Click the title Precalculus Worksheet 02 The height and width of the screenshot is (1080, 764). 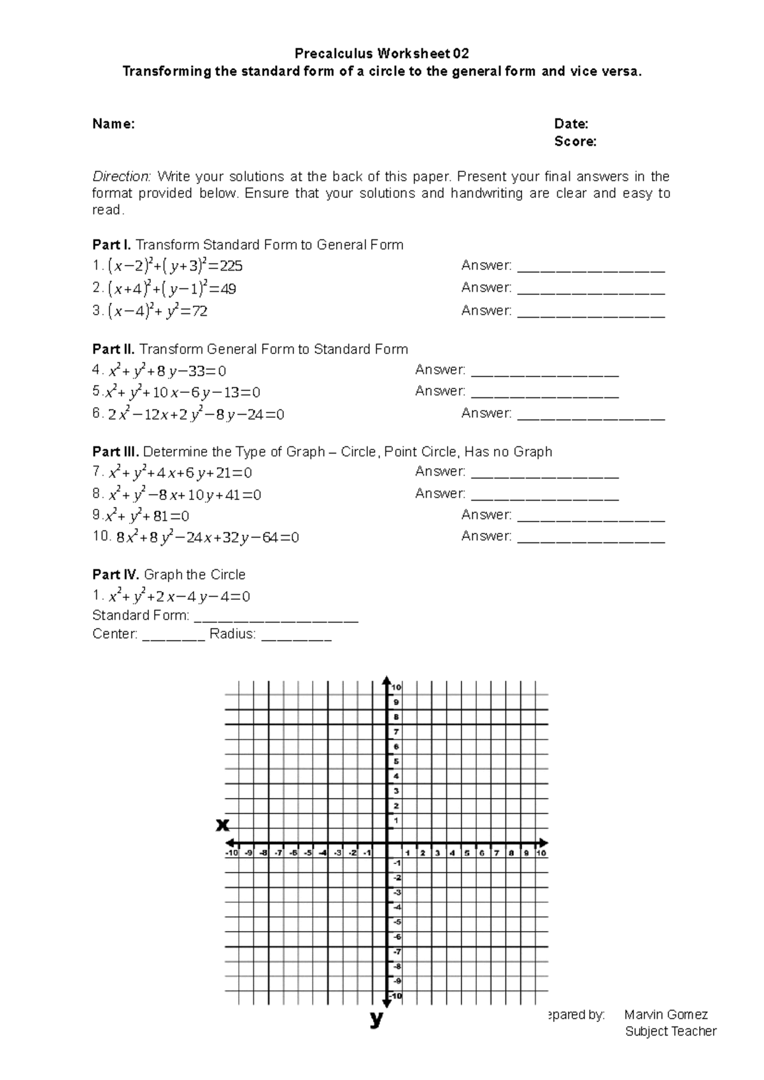pyautogui.click(x=381, y=53)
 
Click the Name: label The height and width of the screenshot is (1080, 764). pyautogui.click(x=113, y=124)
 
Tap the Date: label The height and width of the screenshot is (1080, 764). pyautogui.click(x=570, y=124)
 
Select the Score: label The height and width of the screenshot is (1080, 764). pyautogui.click(x=575, y=141)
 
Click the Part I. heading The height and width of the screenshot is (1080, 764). pyautogui.click(x=111, y=245)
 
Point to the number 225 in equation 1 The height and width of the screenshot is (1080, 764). pyautogui.click(x=230, y=266)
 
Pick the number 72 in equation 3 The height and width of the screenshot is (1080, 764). pyautogui.click(x=199, y=312)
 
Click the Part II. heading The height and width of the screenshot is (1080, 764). pyautogui.click(x=113, y=350)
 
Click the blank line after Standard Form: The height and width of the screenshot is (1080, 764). pyautogui.click(x=276, y=618)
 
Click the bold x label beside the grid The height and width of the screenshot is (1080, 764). pyautogui.click(x=222, y=825)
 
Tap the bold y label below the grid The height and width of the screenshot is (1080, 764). pyautogui.click(x=376, y=1020)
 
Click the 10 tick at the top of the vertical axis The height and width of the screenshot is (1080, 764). pyautogui.click(x=396, y=687)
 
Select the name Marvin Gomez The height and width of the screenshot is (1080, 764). pyautogui.click(x=666, y=1015)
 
